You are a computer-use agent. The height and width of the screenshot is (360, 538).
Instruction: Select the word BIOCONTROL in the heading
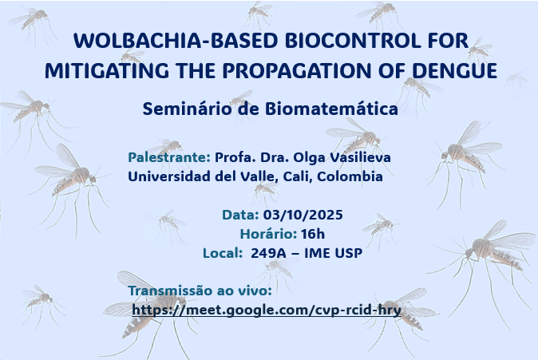[x=353, y=41]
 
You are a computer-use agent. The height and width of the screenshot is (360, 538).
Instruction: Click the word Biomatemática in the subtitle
[x=331, y=109]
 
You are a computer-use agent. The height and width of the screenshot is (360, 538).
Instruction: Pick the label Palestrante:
[x=169, y=157]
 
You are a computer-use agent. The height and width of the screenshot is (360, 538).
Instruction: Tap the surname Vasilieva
[x=360, y=157]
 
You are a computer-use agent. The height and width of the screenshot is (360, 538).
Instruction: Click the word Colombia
[x=350, y=176]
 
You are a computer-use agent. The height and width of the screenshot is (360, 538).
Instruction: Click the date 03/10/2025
[x=303, y=215]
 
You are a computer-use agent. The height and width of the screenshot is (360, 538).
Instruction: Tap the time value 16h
[x=313, y=234]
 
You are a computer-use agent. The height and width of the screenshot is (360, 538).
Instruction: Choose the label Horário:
[x=268, y=234]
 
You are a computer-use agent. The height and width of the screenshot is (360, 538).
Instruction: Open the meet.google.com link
[x=267, y=311]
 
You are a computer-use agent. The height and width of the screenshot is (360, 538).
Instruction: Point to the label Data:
[x=240, y=215]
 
